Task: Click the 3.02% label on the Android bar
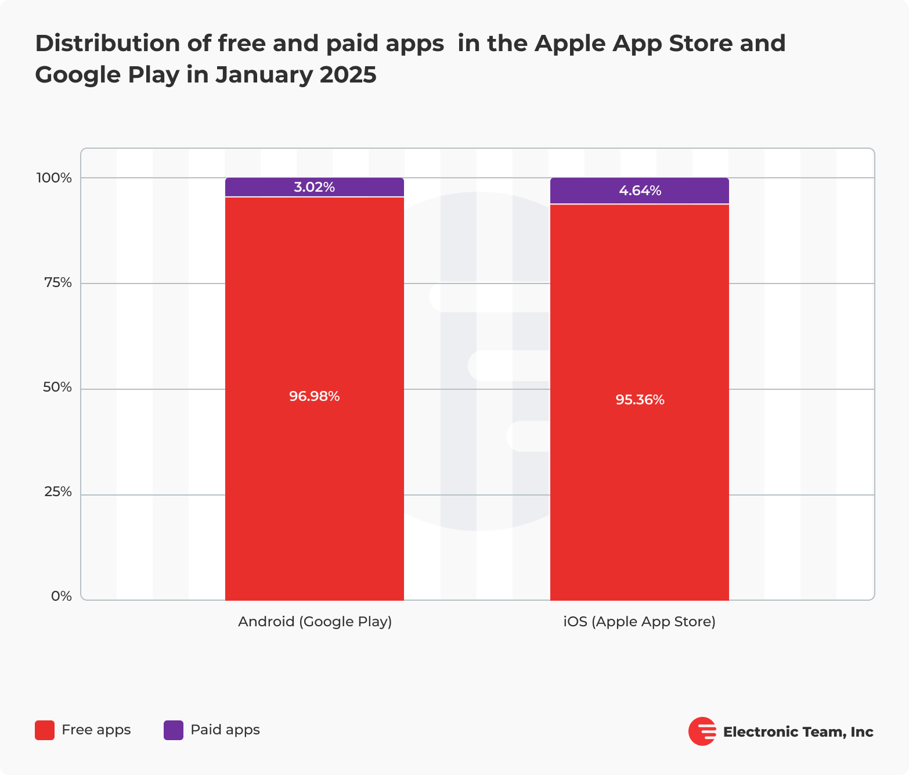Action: tap(314, 187)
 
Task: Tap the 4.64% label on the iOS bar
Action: tap(640, 191)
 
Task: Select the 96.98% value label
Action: tap(314, 396)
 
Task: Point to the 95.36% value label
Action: tap(640, 400)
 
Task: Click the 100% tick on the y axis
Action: tap(54, 178)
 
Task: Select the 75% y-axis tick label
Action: tap(57, 283)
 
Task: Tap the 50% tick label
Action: tap(57, 387)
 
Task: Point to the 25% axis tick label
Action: tap(57, 492)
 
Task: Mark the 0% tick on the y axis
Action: tap(62, 596)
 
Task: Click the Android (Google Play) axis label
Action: tap(315, 622)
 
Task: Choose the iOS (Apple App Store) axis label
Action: tap(639, 622)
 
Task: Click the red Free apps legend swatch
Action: tap(45, 730)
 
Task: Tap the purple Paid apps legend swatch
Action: tap(174, 730)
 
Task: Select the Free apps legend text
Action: tap(96, 730)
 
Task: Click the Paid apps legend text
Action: tap(225, 730)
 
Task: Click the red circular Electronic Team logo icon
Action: tap(702, 731)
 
